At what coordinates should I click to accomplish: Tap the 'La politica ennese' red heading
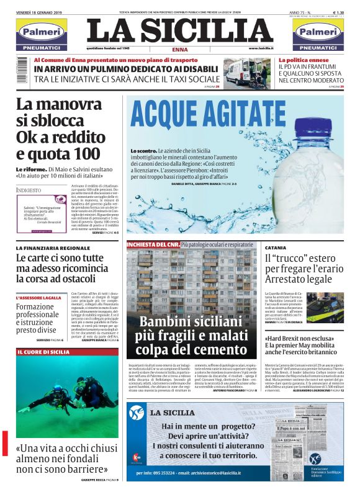point(302,60)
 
